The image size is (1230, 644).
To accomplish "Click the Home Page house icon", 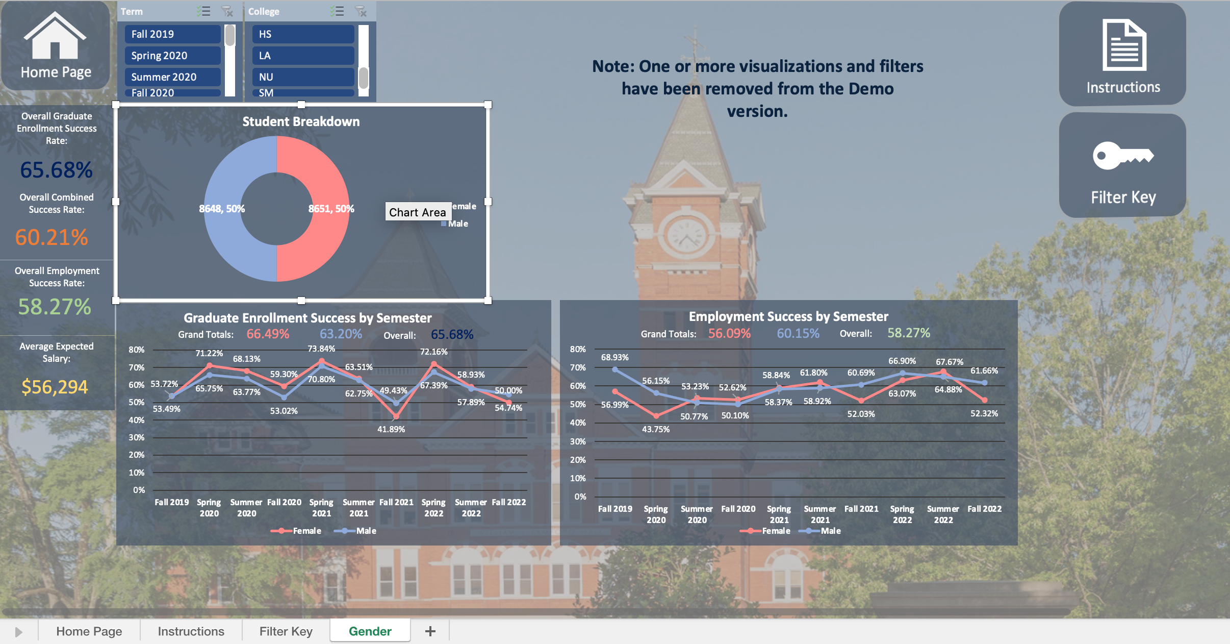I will (55, 37).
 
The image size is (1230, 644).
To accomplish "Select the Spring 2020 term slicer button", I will (172, 56).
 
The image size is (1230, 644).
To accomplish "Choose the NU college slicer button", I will (303, 77).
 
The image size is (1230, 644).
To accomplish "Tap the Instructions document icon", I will (1124, 45).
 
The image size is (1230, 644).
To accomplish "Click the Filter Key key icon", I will (1123, 156).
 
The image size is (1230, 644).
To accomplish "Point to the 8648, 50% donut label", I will (222, 209).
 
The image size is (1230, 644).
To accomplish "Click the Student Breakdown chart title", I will (301, 121).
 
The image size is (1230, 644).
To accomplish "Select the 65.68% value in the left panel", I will (56, 170).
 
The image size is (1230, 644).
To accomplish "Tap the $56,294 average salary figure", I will (55, 387).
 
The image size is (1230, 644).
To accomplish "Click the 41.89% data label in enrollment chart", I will (391, 429).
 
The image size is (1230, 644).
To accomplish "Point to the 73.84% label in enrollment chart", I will (321, 349).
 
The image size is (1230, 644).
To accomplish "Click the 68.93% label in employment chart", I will (614, 357).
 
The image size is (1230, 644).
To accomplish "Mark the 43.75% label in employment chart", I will (656, 429).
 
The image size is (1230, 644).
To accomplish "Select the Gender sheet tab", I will (370, 631).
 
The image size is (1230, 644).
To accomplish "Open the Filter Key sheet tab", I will (286, 631).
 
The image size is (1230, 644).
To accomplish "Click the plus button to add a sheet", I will (430, 631).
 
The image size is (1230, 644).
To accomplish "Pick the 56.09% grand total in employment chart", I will (729, 333).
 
